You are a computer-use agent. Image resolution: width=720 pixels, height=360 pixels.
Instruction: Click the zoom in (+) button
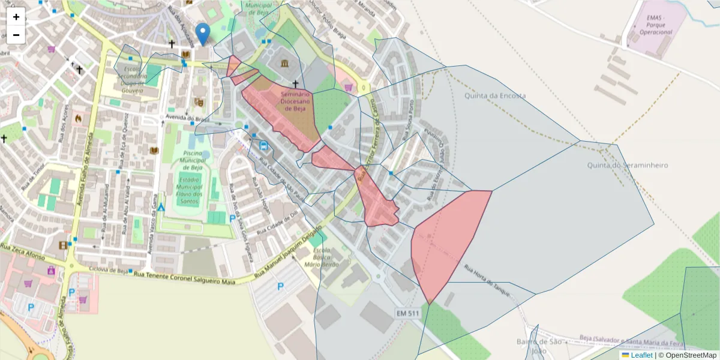(x=16, y=17)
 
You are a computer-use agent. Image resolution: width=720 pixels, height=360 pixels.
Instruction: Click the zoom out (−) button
(x=16, y=35)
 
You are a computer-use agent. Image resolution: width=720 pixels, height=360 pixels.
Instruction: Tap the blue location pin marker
(x=203, y=34)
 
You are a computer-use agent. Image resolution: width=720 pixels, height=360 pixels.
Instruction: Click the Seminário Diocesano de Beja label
(x=295, y=101)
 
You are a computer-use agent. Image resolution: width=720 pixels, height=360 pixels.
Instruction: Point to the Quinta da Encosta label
(x=495, y=95)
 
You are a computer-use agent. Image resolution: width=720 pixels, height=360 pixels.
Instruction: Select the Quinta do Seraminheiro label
(x=628, y=165)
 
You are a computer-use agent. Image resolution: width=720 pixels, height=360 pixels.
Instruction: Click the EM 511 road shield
(x=408, y=313)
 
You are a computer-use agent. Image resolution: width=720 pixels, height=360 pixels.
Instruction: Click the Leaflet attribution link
(x=641, y=355)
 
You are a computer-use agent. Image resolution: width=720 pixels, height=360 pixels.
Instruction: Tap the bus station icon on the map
(x=263, y=145)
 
